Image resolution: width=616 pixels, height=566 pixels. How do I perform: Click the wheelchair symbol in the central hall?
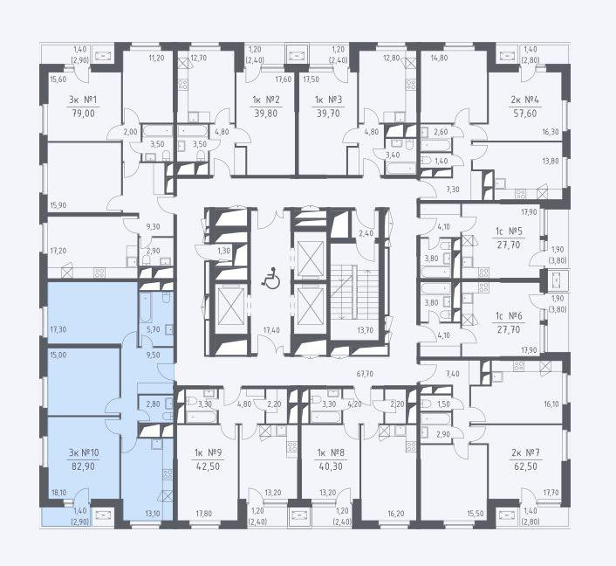point(271,278)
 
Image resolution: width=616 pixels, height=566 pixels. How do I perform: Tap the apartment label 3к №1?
point(83,100)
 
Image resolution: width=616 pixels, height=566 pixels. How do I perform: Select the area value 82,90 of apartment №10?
point(83,466)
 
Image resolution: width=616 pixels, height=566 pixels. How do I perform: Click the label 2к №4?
point(525,100)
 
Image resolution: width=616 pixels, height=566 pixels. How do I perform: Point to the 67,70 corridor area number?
point(365,374)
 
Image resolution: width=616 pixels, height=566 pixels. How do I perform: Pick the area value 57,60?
point(525,114)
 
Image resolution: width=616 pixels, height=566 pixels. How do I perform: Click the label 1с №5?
point(509,231)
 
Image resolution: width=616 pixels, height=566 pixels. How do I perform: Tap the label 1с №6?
point(509,316)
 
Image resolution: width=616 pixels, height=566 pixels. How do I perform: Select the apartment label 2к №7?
point(525,452)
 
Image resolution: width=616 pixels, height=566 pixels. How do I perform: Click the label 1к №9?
point(209,452)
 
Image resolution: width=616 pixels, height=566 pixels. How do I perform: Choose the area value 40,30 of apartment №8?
point(331,466)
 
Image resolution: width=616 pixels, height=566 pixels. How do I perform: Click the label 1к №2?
point(266,100)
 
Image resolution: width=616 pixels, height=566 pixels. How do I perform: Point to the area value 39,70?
point(328,114)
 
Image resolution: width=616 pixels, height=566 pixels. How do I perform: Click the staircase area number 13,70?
point(366,330)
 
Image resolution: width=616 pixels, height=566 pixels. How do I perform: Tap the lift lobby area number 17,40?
point(271,330)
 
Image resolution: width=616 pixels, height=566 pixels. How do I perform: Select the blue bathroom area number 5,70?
point(154,329)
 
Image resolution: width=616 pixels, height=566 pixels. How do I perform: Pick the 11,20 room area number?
point(156,58)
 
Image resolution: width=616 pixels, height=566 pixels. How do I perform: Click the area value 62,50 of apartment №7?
point(525,466)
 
